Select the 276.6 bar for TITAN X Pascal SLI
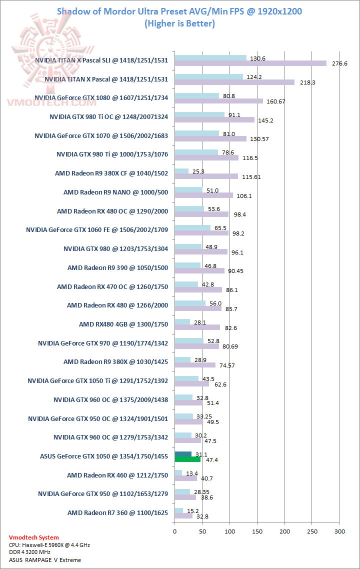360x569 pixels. tap(250, 63)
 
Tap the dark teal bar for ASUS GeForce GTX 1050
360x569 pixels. tap(183, 454)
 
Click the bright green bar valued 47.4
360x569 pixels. tap(187, 459)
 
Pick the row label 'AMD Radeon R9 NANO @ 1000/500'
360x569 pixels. tap(115, 192)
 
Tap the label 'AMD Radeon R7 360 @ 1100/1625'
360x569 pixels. tap(117, 512)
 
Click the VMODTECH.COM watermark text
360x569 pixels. tap(51, 102)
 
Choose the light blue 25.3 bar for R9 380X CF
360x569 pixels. tap(181, 171)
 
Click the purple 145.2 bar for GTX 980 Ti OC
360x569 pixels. tap(214, 120)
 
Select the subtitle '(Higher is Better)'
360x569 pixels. tap(179, 23)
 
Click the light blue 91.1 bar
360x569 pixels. tap(199, 115)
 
